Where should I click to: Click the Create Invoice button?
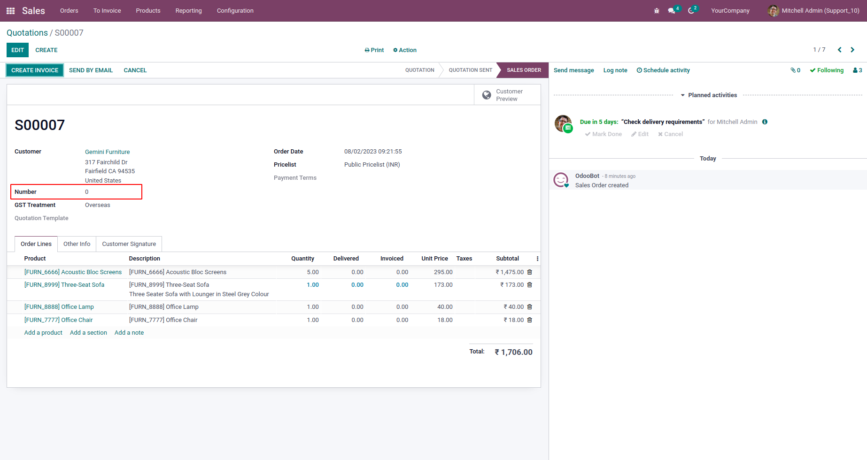pyautogui.click(x=35, y=70)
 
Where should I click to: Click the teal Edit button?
pyautogui.click(x=17, y=50)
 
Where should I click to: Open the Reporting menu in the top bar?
pyautogui.click(x=188, y=11)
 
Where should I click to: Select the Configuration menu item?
pyautogui.click(x=235, y=11)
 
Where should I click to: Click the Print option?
pyautogui.click(x=374, y=50)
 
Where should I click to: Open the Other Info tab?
pyautogui.click(x=77, y=244)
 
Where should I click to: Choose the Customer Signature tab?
pyautogui.click(x=129, y=244)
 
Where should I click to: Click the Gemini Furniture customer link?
pyautogui.click(x=107, y=152)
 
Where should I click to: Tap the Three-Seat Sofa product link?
pyautogui.click(x=64, y=285)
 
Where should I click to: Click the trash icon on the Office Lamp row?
pyautogui.click(x=530, y=307)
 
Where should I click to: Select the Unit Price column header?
pyautogui.click(x=434, y=259)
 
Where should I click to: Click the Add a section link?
pyautogui.click(x=88, y=333)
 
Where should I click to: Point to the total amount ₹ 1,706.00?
pyautogui.click(x=513, y=352)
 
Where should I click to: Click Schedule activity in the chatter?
pyautogui.click(x=663, y=70)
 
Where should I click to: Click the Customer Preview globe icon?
pyautogui.click(x=487, y=95)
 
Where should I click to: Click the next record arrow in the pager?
pyautogui.click(x=852, y=50)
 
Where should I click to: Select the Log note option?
pyautogui.click(x=615, y=70)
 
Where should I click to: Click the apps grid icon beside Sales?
pyautogui.click(x=10, y=11)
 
